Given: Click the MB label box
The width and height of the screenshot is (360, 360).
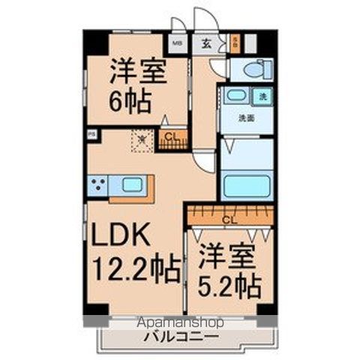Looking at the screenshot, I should pos(178,43).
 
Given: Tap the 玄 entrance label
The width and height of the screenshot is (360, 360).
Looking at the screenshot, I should pos(205,43).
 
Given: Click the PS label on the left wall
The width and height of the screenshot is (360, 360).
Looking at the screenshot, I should pos(91,135).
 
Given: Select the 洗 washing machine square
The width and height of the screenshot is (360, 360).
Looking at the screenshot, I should pos(263,97).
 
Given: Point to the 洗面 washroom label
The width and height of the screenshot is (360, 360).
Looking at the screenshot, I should pos(245,118).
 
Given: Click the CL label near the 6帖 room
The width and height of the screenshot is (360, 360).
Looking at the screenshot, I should pos(172,136).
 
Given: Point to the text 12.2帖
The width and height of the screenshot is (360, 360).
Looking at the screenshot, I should pos(136,268).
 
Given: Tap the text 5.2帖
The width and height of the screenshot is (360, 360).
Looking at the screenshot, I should pos(230,286).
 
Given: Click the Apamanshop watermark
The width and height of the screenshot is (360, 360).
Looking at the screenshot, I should pos(181,322).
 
